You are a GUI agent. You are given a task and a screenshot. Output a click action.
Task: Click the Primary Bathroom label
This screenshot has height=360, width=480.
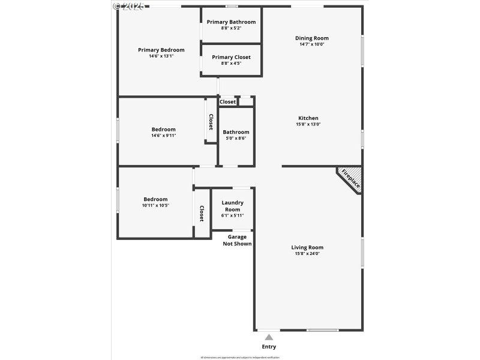click(x=231, y=22)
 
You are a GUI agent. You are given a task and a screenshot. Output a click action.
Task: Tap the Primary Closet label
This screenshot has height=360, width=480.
click(x=231, y=57)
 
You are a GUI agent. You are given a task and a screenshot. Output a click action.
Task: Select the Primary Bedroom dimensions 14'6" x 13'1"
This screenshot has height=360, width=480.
click(x=161, y=56)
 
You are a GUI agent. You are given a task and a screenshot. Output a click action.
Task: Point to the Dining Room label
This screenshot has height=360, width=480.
click(x=311, y=38)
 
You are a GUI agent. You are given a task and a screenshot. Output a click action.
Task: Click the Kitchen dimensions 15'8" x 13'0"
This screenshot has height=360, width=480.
click(x=308, y=124)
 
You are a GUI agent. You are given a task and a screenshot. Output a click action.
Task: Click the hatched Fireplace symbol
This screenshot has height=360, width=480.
click(x=350, y=179)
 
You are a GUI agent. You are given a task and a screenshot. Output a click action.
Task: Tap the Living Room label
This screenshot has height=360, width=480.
click(x=307, y=247)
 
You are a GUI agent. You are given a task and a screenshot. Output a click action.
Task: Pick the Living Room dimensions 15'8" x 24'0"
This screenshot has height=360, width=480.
click(x=307, y=254)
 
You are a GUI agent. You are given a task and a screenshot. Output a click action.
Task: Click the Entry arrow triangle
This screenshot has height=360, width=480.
click(x=269, y=337)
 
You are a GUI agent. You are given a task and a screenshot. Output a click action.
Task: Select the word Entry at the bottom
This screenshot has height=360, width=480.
click(x=269, y=347)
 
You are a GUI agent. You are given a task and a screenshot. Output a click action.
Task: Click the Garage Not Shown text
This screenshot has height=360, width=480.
click(x=237, y=240)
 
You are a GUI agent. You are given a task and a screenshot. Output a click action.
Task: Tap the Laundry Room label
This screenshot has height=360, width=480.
click(x=232, y=206)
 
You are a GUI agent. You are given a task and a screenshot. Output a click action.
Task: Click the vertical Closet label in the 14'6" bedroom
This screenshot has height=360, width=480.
click(x=211, y=122)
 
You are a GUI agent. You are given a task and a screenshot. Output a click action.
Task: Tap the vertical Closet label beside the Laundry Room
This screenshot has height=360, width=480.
click(x=202, y=214)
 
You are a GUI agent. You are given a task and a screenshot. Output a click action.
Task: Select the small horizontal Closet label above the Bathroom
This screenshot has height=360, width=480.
click(x=227, y=102)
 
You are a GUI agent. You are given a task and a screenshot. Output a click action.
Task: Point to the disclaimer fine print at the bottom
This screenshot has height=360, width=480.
click(x=240, y=356)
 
